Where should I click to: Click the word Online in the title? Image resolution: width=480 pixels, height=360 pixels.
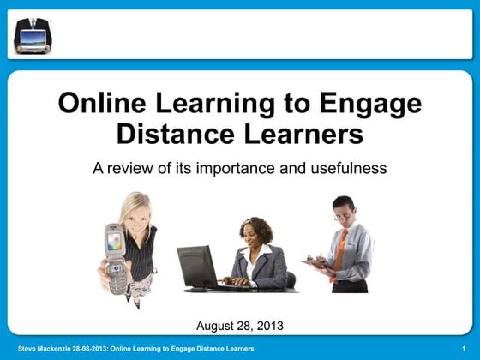click(101, 104)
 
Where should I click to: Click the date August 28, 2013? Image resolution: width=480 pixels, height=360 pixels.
click(240, 325)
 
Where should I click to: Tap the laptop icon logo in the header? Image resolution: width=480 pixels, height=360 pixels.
click(33, 37)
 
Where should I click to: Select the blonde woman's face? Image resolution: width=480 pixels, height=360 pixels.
click(137, 214)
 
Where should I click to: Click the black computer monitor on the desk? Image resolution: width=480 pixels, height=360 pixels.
click(196, 267)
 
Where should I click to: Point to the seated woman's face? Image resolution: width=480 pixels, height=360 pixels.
click(255, 234)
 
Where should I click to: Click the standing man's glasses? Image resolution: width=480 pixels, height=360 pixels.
click(342, 213)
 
